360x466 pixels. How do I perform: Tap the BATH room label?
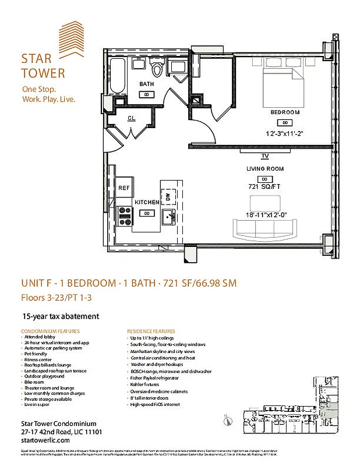coord(146,84)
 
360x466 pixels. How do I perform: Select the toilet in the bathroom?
coord(157,69)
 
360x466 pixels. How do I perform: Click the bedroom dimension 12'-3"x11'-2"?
coord(285,133)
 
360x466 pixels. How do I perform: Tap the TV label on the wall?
coord(265,156)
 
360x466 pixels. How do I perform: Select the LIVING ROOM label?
coord(265,169)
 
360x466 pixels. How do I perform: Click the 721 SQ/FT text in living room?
coord(265,186)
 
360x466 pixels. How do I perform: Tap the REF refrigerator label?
coord(123,188)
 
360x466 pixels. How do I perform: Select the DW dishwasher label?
coord(168,197)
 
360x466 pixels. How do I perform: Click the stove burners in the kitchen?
coord(124,216)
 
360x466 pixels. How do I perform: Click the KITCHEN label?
coord(147,202)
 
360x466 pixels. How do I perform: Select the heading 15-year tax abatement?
coord(60,316)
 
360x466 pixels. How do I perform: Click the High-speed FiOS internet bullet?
coord(155,404)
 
